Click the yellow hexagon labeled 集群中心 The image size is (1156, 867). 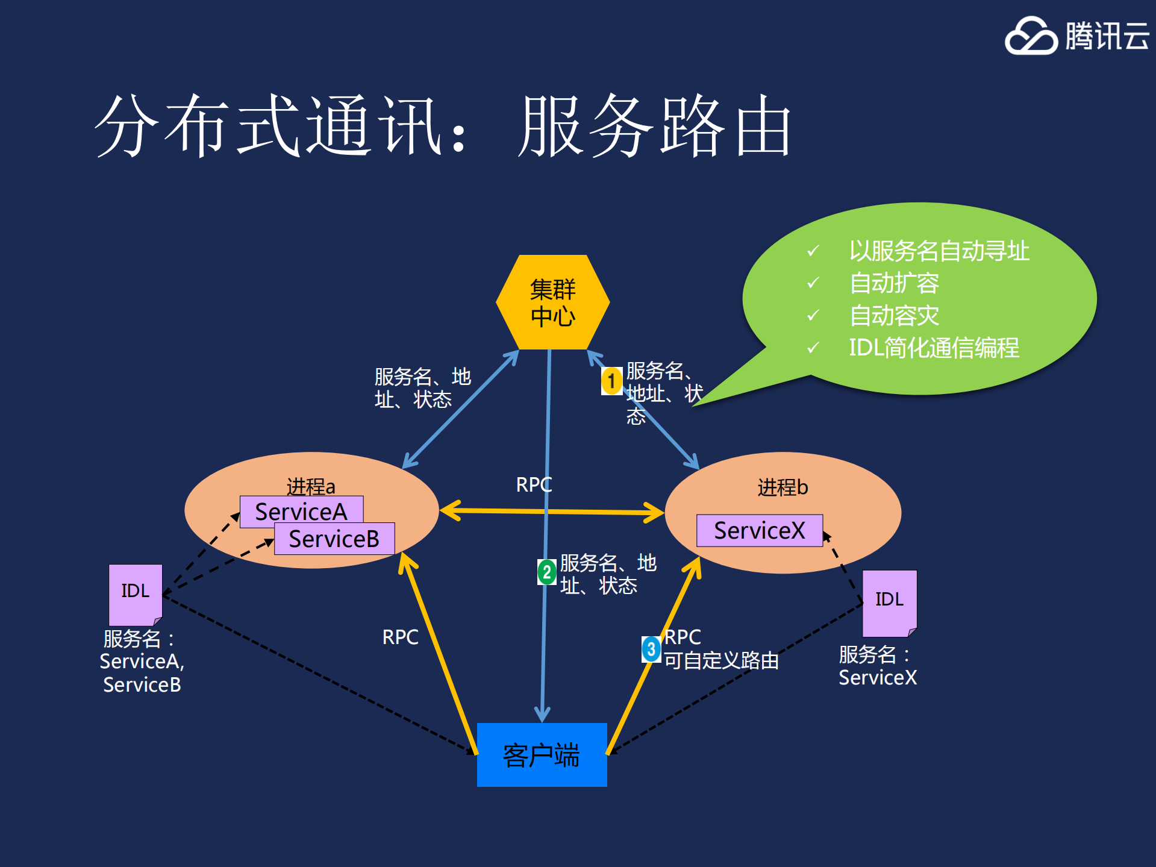point(552,302)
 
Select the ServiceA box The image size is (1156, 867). point(301,511)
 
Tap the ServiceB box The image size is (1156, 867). point(334,539)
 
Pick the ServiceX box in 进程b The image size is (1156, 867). point(759,530)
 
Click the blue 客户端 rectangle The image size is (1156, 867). point(542,754)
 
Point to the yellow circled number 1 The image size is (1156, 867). point(611,381)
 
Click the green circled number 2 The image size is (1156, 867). point(546,572)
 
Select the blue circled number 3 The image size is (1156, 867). point(651,649)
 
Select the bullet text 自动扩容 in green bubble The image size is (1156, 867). point(894,283)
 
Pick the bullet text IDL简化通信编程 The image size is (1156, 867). point(934,348)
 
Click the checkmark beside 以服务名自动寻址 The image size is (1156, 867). point(813,251)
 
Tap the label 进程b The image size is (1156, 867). point(782,487)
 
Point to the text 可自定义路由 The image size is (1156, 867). point(721,661)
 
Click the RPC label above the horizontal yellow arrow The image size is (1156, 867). point(534,484)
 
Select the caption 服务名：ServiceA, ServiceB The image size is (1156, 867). point(142,662)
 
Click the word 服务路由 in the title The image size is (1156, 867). point(655,127)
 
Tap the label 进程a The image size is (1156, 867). point(310,486)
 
